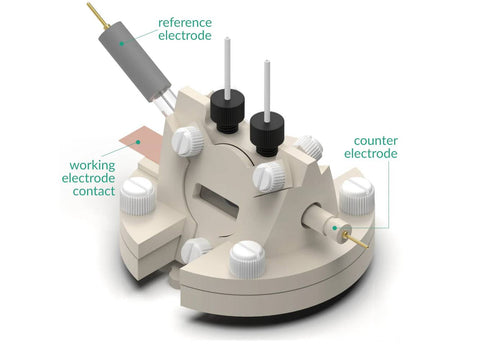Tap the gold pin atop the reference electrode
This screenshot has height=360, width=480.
pos(97,15)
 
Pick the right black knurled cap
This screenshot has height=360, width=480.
pos(267,133)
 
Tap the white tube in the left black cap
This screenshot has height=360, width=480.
pos(227,68)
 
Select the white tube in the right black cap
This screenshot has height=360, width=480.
pos(267,91)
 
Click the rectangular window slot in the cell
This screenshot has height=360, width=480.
pos(216,202)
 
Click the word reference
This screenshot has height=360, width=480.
pos(185,23)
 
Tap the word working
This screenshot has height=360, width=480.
pos(92,165)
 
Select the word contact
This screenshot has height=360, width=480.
pos(94,191)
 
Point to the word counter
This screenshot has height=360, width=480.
pos(376,141)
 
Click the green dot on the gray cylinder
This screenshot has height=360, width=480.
pos(122,43)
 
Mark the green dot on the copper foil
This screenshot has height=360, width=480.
pos(138,142)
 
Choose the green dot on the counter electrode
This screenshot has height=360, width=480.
pos(335,228)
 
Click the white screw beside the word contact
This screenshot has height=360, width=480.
pos(138,196)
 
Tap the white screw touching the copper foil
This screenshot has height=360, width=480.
pos(187,141)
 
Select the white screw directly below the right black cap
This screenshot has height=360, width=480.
pos(269,176)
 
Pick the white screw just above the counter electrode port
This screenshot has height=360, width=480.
pos(357,196)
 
